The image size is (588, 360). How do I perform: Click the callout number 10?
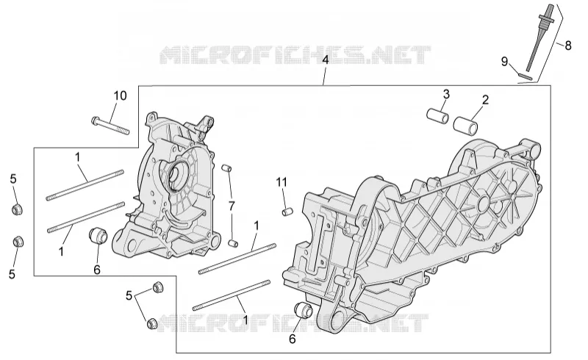[121, 96]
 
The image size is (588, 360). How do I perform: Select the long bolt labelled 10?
[110, 126]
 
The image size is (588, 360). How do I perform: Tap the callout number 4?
[325, 60]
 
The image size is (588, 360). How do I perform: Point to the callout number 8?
[568, 46]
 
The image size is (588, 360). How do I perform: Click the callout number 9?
[505, 62]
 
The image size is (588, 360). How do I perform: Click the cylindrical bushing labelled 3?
[438, 116]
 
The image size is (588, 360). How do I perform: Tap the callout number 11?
[282, 182]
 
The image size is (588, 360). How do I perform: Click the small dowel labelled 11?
[287, 212]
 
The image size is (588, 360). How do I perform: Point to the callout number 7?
[232, 206]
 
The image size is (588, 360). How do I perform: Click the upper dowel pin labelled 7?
[227, 168]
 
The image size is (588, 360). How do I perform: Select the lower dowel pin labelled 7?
[233, 243]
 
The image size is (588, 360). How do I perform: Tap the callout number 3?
[446, 95]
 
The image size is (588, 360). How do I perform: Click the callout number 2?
[485, 100]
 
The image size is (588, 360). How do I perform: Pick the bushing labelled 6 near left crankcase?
[98, 235]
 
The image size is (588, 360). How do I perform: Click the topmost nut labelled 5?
[17, 209]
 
